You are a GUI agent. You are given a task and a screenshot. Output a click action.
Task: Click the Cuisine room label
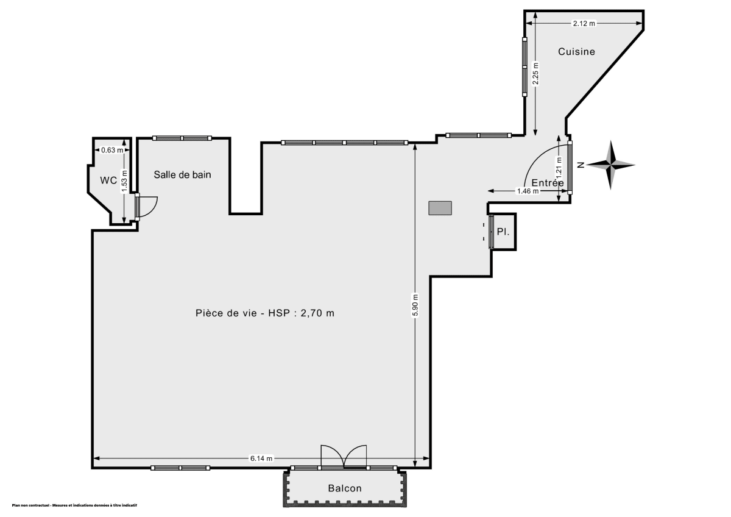point(576,52)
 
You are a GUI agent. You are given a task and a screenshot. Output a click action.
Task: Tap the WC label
point(109,180)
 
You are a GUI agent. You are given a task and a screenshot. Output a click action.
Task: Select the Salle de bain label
point(182,175)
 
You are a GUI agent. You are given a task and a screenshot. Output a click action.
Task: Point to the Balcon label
point(344,488)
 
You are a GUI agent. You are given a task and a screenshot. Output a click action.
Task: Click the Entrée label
point(547,183)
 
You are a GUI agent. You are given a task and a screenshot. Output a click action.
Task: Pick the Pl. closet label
point(503,232)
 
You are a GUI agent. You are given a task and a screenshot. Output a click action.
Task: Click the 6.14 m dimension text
point(261,458)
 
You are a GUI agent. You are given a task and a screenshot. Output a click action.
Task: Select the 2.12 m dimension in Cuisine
point(584,23)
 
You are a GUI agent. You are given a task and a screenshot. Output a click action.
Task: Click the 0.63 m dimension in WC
point(112,150)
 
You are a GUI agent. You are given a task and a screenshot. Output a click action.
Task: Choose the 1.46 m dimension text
point(528,191)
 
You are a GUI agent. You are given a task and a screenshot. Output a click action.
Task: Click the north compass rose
point(612,165)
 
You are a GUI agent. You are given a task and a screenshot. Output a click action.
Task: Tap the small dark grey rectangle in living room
point(439,208)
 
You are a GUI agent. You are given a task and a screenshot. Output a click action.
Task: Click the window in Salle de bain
point(182,138)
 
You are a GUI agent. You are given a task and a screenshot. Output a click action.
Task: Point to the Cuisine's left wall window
point(524,66)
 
